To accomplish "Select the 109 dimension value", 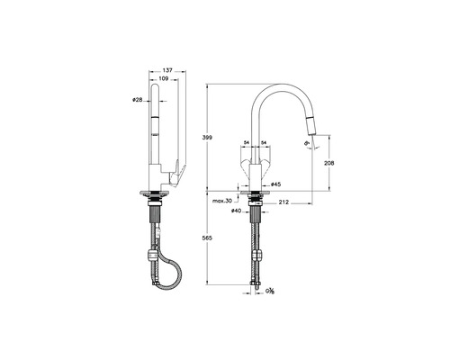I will pos(163,80).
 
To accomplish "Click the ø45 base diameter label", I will pos(275,184).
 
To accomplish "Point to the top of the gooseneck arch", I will pos(283,87).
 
